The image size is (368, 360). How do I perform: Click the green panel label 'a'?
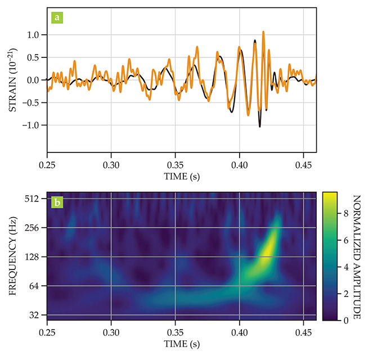[x=58, y=16]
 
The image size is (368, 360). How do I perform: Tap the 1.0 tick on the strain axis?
[x=34, y=35]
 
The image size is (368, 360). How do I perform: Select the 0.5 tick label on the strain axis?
[x=34, y=57]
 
